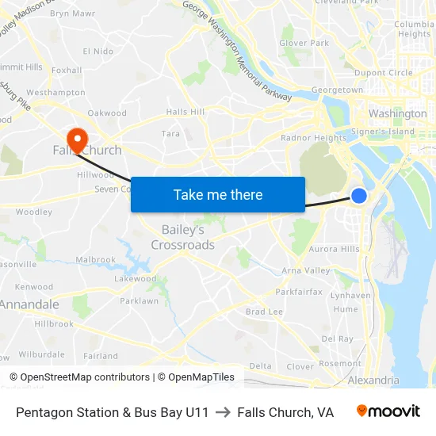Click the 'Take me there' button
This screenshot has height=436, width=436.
(x=217, y=194)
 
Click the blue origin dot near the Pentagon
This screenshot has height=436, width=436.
(x=359, y=195)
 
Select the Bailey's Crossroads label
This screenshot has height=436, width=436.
(x=183, y=237)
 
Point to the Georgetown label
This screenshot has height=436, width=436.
(x=337, y=90)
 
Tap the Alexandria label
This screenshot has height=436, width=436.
(x=373, y=381)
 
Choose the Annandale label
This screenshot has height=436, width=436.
(x=29, y=304)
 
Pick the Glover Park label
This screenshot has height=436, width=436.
(x=304, y=43)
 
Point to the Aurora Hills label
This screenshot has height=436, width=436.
(x=333, y=249)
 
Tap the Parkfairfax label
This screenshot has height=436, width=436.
(x=299, y=292)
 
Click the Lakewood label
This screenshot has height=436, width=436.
(x=136, y=279)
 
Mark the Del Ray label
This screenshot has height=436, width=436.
(x=338, y=338)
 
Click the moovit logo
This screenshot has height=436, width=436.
(x=388, y=411)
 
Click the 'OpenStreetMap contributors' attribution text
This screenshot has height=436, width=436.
(x=79, y=377)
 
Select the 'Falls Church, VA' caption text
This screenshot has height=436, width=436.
(x=285, y=412)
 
